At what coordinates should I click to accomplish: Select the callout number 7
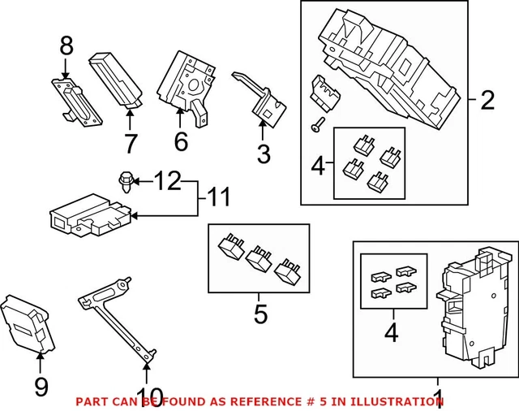pos(128,144)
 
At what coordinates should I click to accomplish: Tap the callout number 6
pos(180,141)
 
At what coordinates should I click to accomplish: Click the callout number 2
pos(487,102)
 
